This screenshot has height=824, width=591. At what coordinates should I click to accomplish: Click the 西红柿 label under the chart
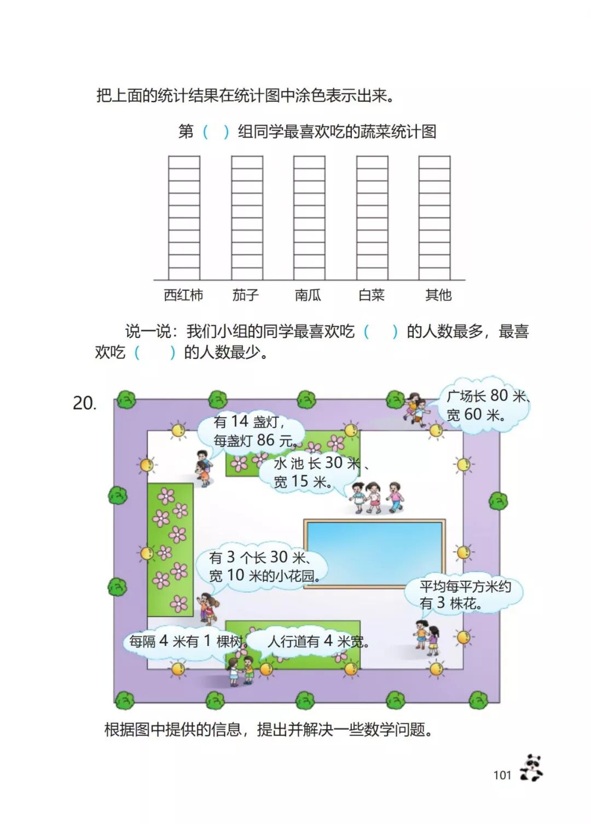pyautogui.click(x=183, y=295)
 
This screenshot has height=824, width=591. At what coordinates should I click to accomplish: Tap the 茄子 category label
pyautogui.click(x=245, y=295)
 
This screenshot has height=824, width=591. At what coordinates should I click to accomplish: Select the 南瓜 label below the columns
pyautogui.click(x=308, y=295)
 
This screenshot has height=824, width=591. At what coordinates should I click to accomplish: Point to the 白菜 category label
pyautogui.click(x=372, y=295)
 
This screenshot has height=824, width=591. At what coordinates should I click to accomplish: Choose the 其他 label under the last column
pyautogui.click(x=438, y=295)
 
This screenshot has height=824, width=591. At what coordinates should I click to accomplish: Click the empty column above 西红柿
pyautogui.click(x=184, y=218)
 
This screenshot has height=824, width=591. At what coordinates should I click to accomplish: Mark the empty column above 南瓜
pyautogui.click(x=309, y=218)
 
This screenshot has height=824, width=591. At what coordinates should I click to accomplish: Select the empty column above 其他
pyautogui.click(x=434, y=218)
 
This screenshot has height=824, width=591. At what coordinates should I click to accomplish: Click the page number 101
pyautogui.click(x=502, y=775)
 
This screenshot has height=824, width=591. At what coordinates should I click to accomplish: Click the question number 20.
pyautogui.click(x=84, y=403)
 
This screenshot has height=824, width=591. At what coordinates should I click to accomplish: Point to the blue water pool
pyautogui.click(x=374, y=553)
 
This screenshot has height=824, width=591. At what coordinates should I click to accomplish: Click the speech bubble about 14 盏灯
pyautogui.click(x=252, y=431)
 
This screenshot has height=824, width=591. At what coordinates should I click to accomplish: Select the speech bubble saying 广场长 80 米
pyautogui.click(x=484, y=405)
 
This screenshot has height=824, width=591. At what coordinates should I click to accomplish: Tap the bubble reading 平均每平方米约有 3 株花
pyautogui.click(x=464, y=595)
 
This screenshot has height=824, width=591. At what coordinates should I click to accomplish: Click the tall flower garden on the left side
pyautogui.click(x=170, y=550)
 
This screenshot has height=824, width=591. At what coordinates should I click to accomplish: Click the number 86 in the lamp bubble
pyautogui.click(x=265, y=440)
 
